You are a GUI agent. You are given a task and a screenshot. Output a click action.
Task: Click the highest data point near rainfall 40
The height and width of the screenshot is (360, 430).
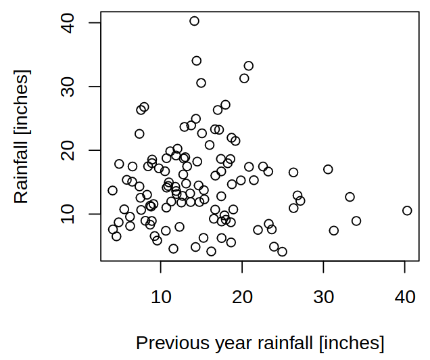(194, 21)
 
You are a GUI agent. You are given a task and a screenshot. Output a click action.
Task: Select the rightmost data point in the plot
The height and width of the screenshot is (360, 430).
(407, 210)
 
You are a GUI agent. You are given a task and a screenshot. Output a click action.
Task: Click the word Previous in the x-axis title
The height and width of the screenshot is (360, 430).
(167, 342)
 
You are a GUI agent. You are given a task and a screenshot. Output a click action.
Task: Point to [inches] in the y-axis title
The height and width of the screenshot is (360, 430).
(22, 100)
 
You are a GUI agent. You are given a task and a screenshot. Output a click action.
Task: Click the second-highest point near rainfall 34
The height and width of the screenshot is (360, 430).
(197, 60)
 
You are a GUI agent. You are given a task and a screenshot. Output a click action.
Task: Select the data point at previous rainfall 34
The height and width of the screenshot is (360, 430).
(356, 221)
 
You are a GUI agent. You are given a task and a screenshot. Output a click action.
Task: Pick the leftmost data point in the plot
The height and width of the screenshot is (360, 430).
(112, 191)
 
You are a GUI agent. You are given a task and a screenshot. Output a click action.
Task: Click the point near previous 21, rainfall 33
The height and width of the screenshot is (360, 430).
(249, 66)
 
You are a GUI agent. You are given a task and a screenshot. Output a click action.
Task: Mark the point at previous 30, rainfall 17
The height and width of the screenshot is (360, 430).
(328, 169)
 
